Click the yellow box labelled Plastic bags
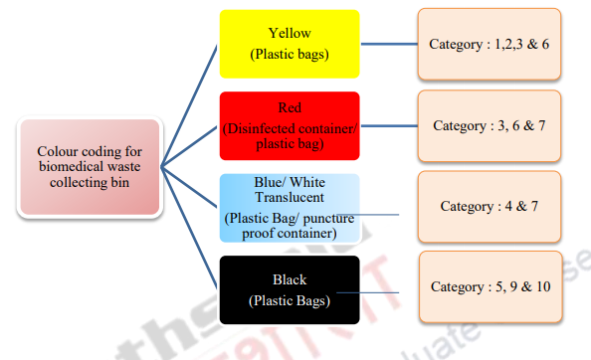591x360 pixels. [x=289, y=43]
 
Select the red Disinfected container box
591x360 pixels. [x=289, y=125]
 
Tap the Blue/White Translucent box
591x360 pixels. [x=289, y=207]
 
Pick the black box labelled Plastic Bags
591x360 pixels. [x=289, y=288]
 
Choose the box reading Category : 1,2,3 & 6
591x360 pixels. [x=482, y=45]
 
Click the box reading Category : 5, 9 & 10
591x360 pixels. [x=491, y=286]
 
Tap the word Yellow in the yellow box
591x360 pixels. [x=289, y=33]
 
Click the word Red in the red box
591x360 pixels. [x=289, y=107]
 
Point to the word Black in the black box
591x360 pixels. [x=289, y=279]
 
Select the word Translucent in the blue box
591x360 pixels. [x=290, y=198]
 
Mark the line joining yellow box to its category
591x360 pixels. [x=388, y=45]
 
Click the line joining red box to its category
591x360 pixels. [x=388, y=126]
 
